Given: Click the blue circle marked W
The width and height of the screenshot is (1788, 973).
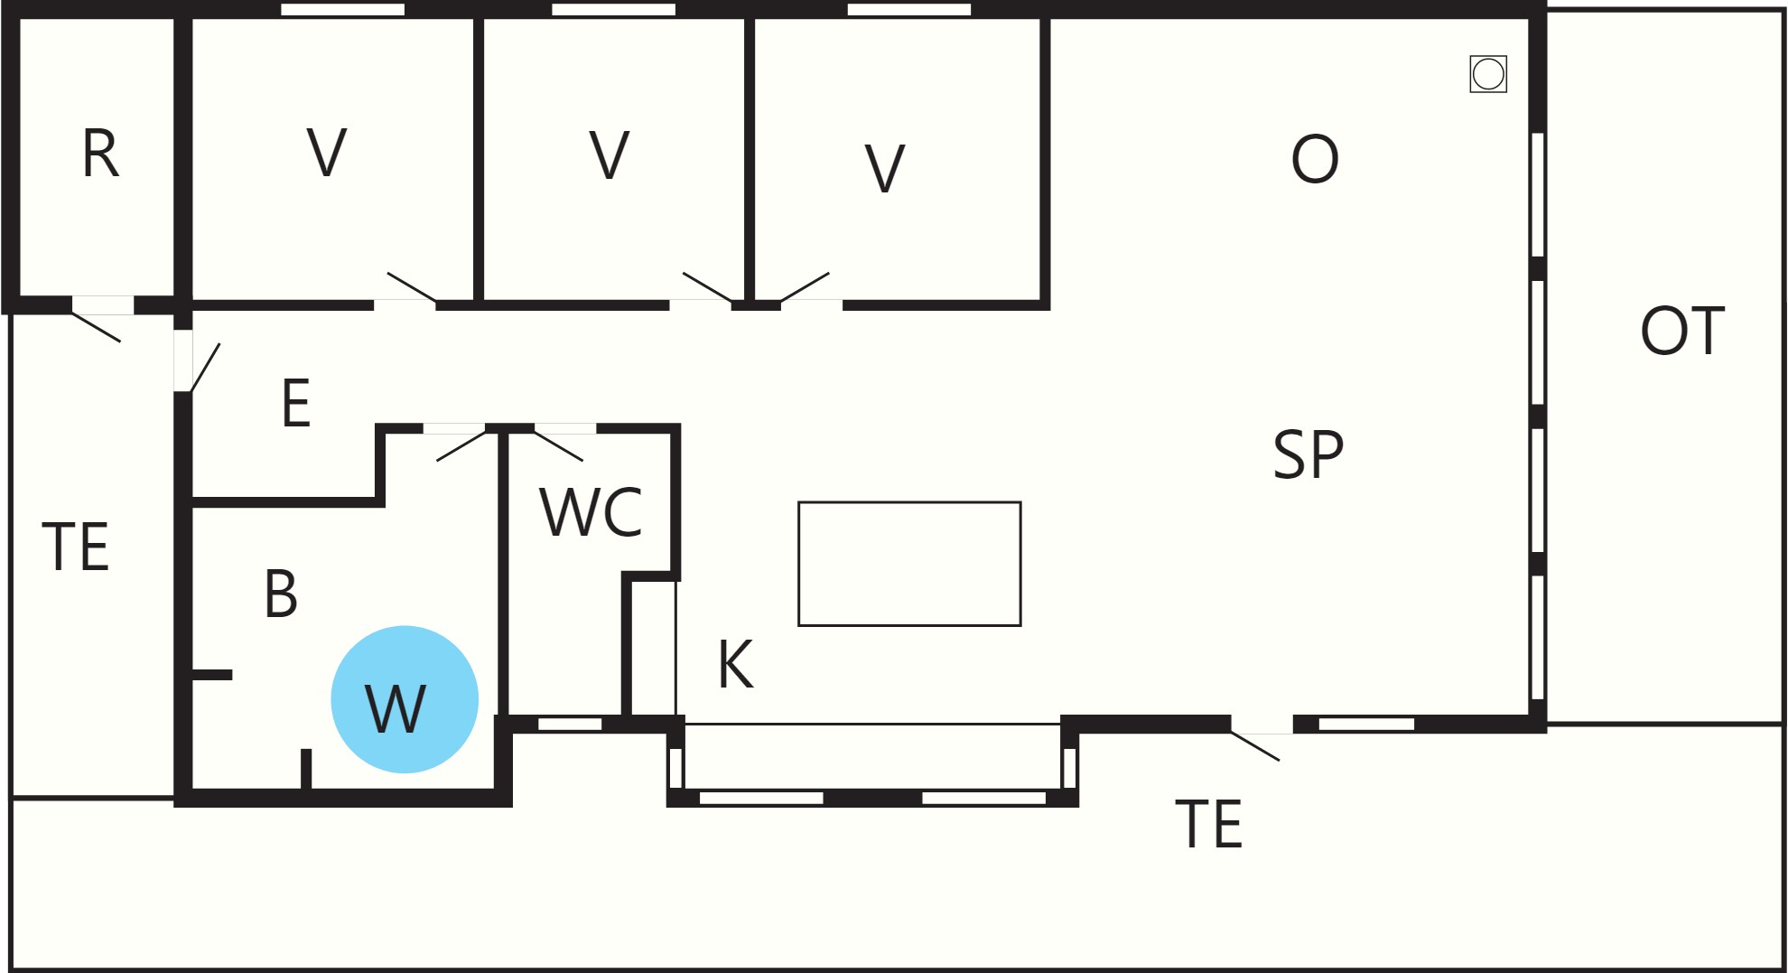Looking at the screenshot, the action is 405,699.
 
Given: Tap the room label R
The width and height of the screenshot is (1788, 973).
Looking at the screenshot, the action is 100,154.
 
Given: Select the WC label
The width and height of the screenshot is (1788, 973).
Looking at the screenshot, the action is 591,512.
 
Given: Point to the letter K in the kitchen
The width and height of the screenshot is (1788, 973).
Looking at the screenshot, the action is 736,664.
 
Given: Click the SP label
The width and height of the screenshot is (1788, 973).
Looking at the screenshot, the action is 1308,454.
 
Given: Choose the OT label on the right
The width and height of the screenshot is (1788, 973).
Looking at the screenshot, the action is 1682,331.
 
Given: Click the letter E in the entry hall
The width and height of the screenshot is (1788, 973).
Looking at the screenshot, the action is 296,403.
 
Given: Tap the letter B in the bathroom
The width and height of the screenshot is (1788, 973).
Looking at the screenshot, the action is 281,594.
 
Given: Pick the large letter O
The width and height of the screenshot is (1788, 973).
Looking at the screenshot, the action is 1315,159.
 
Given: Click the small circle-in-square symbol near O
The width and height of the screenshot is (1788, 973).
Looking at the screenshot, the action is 1488,74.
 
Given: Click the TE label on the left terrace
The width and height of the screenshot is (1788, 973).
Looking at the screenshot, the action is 76,547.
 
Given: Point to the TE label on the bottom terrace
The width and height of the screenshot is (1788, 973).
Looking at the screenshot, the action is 1209,824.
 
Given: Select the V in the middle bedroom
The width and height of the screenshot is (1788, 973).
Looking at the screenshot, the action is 610,155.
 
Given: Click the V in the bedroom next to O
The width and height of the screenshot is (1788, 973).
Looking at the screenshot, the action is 885,169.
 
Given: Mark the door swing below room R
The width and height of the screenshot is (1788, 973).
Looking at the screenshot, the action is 96,327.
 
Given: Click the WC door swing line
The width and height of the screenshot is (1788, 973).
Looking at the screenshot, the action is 559,446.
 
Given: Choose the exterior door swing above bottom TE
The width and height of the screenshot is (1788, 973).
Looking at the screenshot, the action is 1255,746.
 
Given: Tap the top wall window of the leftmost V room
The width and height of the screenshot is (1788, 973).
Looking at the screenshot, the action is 343,9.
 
